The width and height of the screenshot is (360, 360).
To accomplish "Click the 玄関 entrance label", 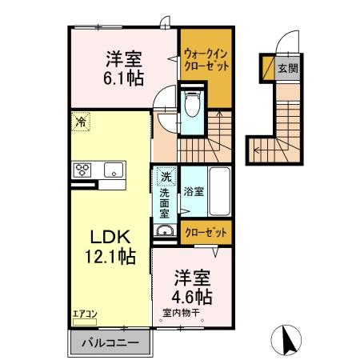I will click(288, 68).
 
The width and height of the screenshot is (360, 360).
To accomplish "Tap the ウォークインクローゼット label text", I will click(204, 60).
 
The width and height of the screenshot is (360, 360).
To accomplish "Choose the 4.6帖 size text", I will click(192, 297).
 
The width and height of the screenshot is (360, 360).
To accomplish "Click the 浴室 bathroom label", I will click(193, 192).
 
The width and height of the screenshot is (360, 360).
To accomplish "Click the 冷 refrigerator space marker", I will click(81, 122).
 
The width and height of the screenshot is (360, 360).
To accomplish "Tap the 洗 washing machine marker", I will click(164, 175).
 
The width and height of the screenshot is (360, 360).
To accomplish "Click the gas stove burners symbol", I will click(83, 169).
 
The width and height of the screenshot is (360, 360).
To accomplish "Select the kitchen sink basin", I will click(111, 169).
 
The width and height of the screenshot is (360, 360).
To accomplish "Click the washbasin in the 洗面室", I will click(164, 232).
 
